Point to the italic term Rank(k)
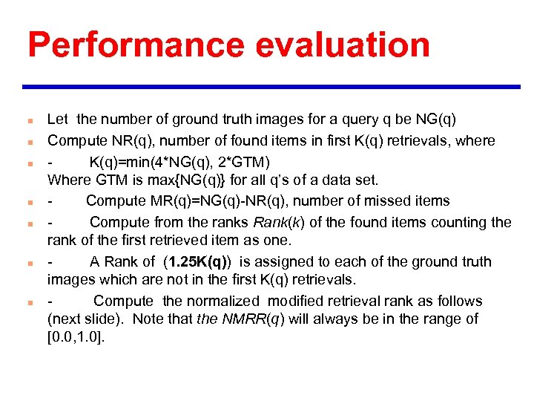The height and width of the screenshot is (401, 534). click(280, 222)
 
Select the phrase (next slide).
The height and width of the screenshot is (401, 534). click(79, 319)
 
